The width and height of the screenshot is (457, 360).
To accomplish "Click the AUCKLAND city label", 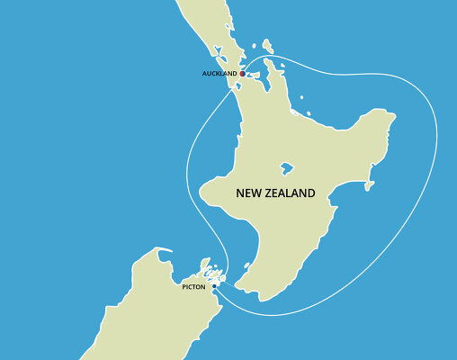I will coord(220,73).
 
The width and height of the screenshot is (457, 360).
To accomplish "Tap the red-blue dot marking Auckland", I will coord(242,73).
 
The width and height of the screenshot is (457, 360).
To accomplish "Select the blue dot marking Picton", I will coord(214,287).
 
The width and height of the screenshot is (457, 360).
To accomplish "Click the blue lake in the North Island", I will coord(285,167).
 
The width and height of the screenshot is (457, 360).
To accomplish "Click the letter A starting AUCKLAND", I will coord(204,73).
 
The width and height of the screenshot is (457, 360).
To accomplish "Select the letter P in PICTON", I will coord(184,287).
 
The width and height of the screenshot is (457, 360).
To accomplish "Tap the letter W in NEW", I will coord(260,193).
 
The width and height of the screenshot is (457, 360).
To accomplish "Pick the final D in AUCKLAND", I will coord(235,73).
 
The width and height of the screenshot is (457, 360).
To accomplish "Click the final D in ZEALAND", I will coord(311,193).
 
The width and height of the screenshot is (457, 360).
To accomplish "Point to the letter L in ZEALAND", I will coord(292,193).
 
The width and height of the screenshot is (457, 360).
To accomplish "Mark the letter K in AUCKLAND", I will coord(218,73).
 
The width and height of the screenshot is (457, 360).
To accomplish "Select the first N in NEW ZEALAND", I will coord(240,193).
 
